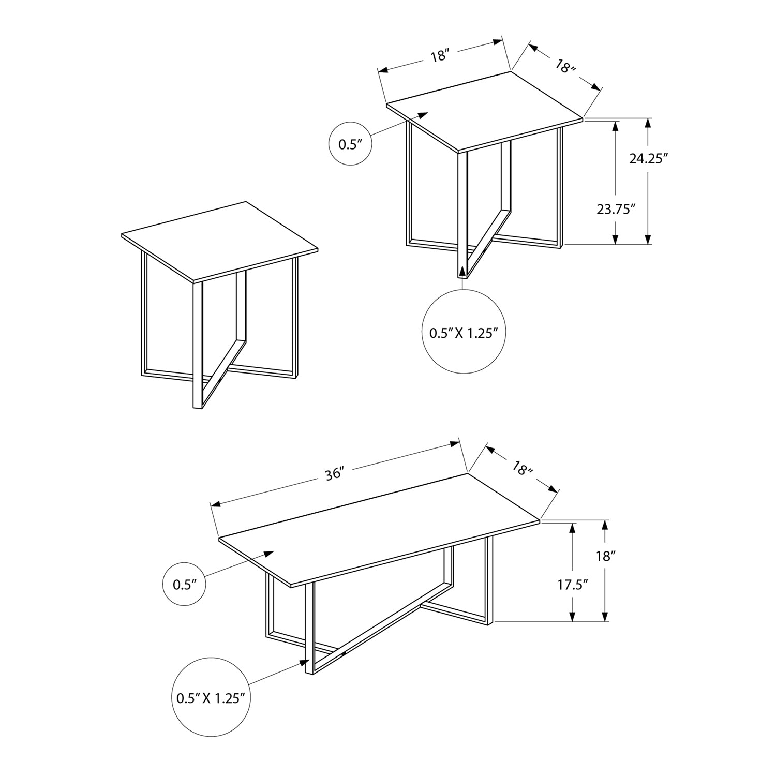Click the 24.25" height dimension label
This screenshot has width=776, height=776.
pyautogui.click(x=646, y=159)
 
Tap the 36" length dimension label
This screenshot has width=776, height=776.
pyautogui.click(x=335, y=473)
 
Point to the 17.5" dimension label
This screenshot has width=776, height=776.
pyautogui.click(x=573, y=585)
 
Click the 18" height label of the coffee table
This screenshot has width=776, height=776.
pyautogui.click(x=605, y=556)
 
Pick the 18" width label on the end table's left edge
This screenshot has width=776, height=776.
pyautogui.click(x=439, y=55)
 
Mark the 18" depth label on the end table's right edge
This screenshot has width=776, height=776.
pyautogui.click(x=565, y=67)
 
